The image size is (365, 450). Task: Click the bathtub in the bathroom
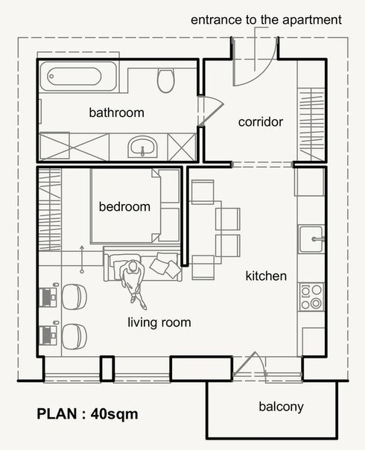[78, 76]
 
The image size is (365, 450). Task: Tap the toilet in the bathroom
[165, 80]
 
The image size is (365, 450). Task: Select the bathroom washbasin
[142, 146]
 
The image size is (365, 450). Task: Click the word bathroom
[116, 112]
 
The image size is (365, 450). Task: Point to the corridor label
[261, 122]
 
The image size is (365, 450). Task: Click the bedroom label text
[124, 206]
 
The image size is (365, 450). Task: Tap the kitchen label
[266, 276]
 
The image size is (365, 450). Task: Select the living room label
[159, 323]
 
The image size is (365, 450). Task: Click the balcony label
[281, 407]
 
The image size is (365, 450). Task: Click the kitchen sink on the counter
[311, 238]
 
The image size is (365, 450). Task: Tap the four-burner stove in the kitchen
[311, 297]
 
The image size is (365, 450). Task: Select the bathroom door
[210, 111]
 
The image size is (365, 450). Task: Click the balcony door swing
[249, 364]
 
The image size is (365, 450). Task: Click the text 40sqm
[114, 414]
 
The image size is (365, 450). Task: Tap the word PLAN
[57, 413]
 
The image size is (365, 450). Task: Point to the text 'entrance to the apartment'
[266, 20]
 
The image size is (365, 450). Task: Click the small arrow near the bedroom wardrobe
[82, 259]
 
